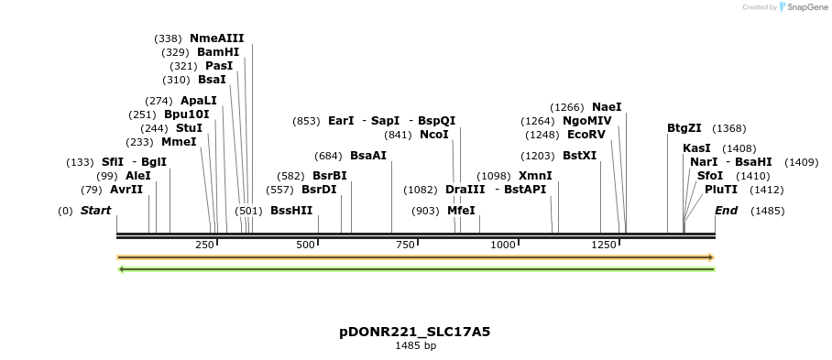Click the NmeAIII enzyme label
(x=216, y=38)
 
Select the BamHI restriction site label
(x=218, y=52)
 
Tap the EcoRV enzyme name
(x=586, y=134)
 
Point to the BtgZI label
(x=684, y=128)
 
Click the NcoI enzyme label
(x=434, y=135)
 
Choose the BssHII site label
(x=291, y=210)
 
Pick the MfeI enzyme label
(x=461, y=210)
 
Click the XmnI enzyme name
(x=535, y=176)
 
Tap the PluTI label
(x=721, y=190)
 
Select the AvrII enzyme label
(x=126, y=190)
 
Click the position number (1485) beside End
(x=767, y=211)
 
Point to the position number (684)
(x=328, y=156)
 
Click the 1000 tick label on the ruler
(x=503, y=245)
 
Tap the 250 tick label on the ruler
(x=204, y=245)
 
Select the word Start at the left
(x=95, y=211)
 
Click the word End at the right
(x=726, y=211)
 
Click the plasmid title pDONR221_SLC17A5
(x=415, y=332)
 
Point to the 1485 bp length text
(x=415, y=346)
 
